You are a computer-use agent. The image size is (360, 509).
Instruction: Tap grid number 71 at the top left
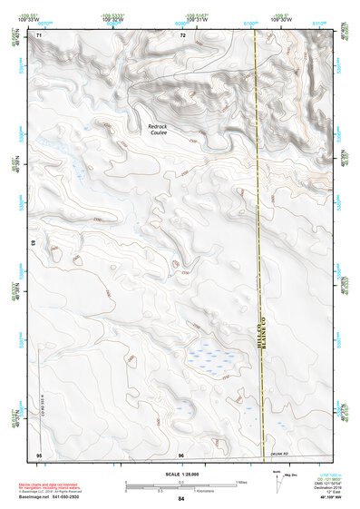[x=39, y=34]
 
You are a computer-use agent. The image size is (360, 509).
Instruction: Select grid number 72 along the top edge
[x=182, y=34]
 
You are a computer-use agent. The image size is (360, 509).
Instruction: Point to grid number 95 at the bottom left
[x=39, y=454]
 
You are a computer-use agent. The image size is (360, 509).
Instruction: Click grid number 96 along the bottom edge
[x=181, y=454]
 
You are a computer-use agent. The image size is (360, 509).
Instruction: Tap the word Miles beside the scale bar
[x=242, y=481]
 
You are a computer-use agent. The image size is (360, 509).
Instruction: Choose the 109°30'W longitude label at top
[x=281, y=20]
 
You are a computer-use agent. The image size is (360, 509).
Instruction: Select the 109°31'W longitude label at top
[x=198, y=20]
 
